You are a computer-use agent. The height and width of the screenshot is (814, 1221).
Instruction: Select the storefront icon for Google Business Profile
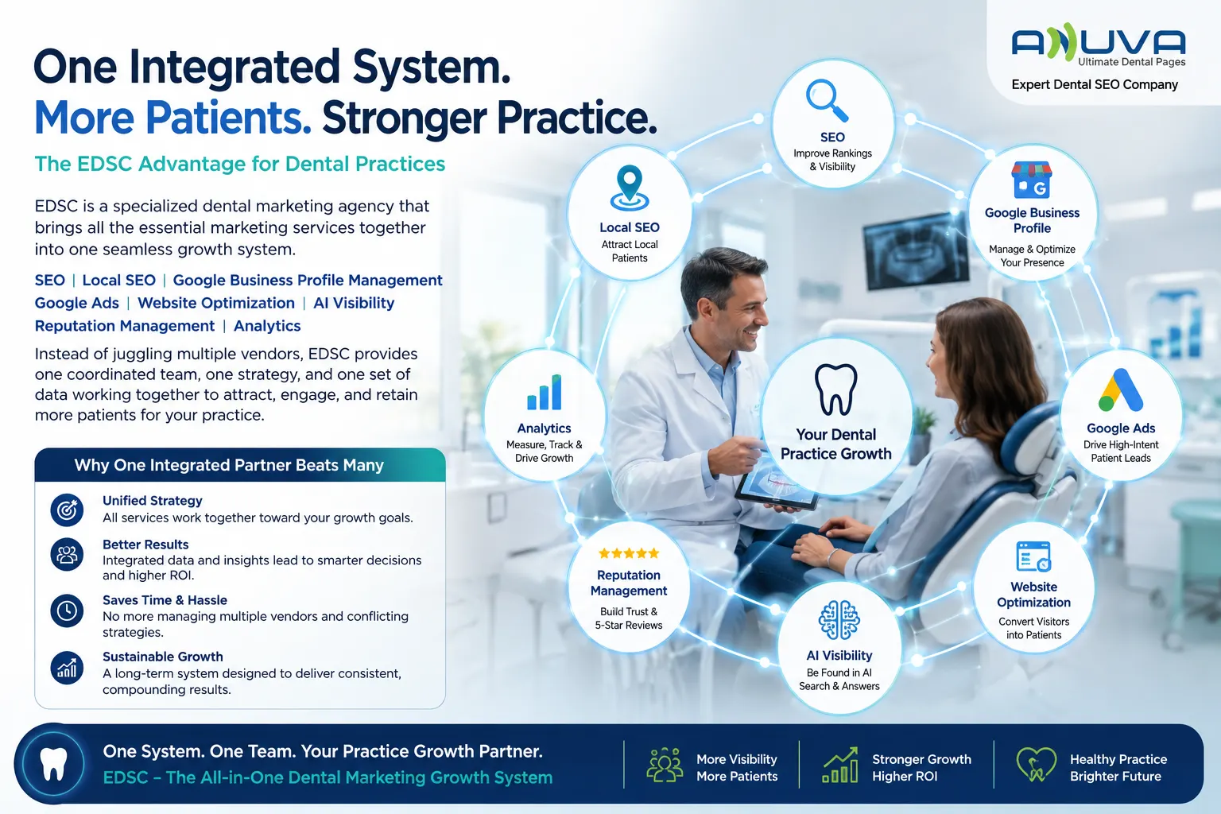(x=1031, y=180)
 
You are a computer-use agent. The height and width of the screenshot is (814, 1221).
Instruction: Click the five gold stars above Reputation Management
(x=629, y=553)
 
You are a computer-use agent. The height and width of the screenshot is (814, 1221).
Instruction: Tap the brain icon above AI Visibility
(x=839, y=620)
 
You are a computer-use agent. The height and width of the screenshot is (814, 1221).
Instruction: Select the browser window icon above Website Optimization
(x=1033, y=556)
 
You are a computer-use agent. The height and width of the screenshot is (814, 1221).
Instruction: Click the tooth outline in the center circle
(x=835, y=390)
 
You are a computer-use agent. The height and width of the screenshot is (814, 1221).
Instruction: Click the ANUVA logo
(x=1098, y=44)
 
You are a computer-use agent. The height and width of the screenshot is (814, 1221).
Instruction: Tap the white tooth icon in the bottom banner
(x=53, y=763)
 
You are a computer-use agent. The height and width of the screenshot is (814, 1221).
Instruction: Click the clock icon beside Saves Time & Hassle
(x=67, y=610)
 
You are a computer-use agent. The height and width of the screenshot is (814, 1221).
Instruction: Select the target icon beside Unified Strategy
(x=67, y=510)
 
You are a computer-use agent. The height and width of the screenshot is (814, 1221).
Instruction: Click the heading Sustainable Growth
(x=162, y=657)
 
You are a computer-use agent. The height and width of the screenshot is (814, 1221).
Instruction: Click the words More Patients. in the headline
(x=172, y=118)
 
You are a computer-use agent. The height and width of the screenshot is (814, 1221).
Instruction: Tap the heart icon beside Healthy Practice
(x=1036, y=765)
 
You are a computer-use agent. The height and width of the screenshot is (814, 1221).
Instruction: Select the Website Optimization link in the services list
(x=216, y=303)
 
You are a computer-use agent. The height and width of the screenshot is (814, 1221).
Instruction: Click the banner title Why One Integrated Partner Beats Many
(x=229, y=465)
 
